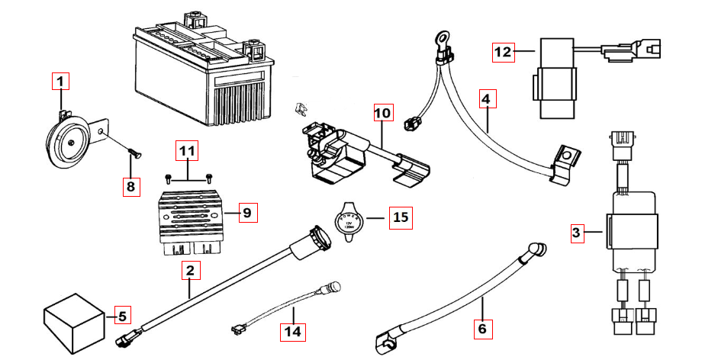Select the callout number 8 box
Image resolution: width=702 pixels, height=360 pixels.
(130, 185)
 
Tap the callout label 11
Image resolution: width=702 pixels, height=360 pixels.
(186, 153)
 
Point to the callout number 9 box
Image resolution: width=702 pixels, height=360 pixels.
(246, 213)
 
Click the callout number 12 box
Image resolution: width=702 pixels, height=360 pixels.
(502, 52)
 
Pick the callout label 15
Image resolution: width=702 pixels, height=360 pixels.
(400, 217)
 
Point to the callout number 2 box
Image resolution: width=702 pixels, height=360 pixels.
(190, 270)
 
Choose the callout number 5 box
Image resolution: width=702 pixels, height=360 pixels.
(122, 313)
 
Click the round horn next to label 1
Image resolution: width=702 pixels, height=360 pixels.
(68, 138)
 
